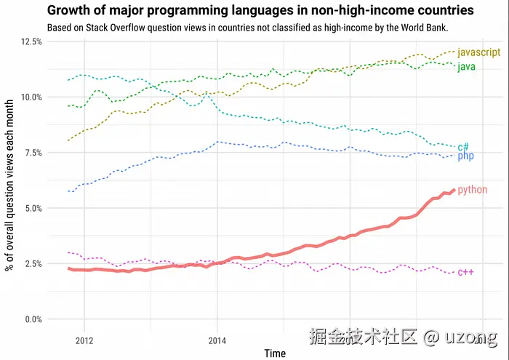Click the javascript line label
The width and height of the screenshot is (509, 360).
pos(479,52)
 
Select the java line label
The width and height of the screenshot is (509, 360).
pos(467,67)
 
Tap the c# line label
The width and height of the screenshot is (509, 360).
pos(463,146)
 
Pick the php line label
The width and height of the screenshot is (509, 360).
pos(465,156)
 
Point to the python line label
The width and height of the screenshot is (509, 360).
pos(472,190)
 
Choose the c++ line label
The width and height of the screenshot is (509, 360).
pos(465,272)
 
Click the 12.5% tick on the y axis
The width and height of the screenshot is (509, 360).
pos(28,42)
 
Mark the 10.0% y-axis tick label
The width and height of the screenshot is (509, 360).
pos(28,97)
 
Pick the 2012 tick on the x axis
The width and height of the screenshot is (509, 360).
pos(84,339)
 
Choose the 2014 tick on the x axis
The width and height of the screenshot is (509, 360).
pos(217,339)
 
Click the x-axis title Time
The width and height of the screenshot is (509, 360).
pos(275,353)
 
